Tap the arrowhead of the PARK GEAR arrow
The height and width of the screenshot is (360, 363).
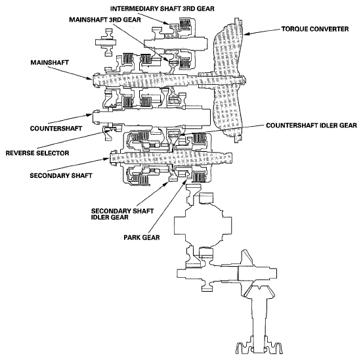186,179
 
